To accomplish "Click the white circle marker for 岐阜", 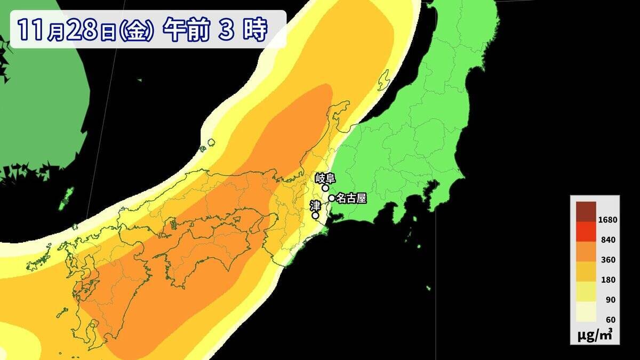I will (325, 188).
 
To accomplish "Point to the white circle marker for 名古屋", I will (332, 198).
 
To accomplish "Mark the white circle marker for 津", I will (315, 215).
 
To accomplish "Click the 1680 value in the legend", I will (607, 220).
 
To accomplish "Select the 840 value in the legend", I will (607, 240).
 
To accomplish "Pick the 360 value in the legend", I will (607, 260).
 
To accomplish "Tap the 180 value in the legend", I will (607, 279).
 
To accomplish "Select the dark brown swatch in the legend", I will (586, 211).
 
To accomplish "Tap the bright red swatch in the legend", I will (586, 231).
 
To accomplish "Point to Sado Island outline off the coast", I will (383, 80).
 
